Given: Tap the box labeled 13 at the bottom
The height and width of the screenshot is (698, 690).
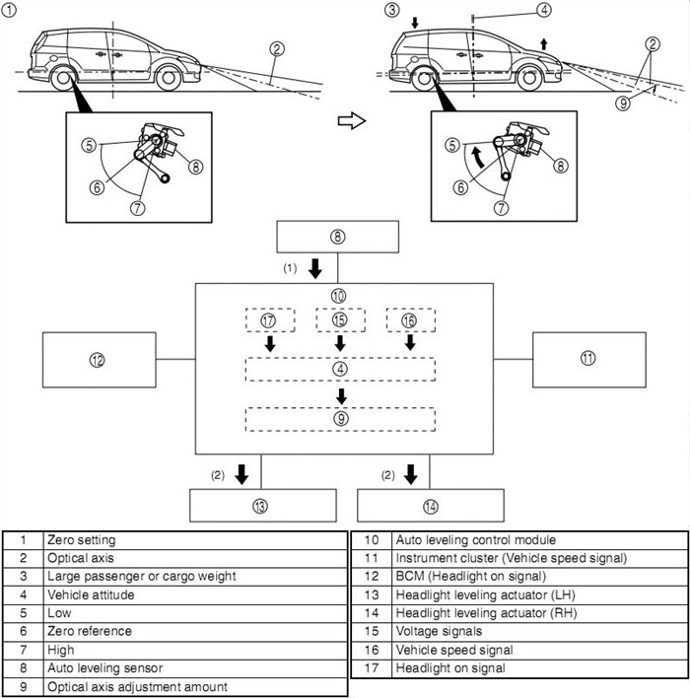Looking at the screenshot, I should (x=258, y=506).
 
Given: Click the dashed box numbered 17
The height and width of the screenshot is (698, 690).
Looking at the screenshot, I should (x=269, y=320).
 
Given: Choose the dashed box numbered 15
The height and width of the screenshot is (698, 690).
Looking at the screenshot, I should (x=340, y=320).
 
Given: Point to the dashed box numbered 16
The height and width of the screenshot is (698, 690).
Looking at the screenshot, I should (x=410, y=320).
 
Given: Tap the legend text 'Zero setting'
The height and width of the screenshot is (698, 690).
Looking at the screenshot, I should (x=81, y=540).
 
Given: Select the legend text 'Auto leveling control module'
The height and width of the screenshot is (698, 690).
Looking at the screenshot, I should (x=475, y=540).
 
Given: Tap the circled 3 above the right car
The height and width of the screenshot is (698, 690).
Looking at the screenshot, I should (x=391, y=10).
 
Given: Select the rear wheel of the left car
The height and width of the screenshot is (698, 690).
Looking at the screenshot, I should (x=55, y=80).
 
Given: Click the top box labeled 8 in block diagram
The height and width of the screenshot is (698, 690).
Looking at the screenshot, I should (x=338, y=238).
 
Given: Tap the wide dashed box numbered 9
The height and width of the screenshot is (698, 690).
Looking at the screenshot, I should (x=340, y=418).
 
